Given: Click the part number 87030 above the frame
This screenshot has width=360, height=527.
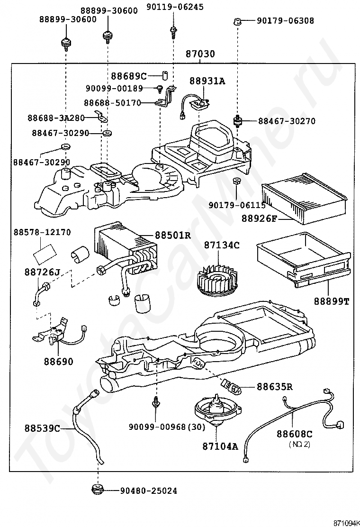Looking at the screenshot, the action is (x=200, y=54).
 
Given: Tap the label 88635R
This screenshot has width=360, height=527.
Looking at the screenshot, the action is (x=275, y=387).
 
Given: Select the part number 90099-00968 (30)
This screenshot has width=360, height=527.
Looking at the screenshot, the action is (x=167, y=427).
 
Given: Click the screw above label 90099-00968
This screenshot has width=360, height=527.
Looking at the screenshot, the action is (x=156, y=402).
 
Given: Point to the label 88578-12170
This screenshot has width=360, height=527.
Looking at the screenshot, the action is (x=42, y=232).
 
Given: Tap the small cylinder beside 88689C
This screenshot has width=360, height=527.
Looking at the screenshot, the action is (x=165, y=76).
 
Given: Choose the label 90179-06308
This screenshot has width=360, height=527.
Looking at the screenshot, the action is (x=286, y=21).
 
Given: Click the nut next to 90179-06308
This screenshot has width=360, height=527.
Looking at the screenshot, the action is (x=237, y=22).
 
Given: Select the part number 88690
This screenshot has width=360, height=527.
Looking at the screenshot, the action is (x=58, y=362).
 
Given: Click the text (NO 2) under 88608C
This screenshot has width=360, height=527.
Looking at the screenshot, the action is (x=299, y=445).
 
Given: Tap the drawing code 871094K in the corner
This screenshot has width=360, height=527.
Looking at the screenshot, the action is (x=346, y=523).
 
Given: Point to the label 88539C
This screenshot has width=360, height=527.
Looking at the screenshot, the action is (x=42, y=428).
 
